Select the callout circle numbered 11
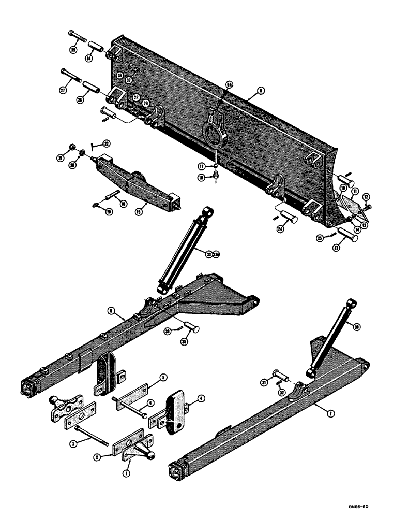click(356, 191)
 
